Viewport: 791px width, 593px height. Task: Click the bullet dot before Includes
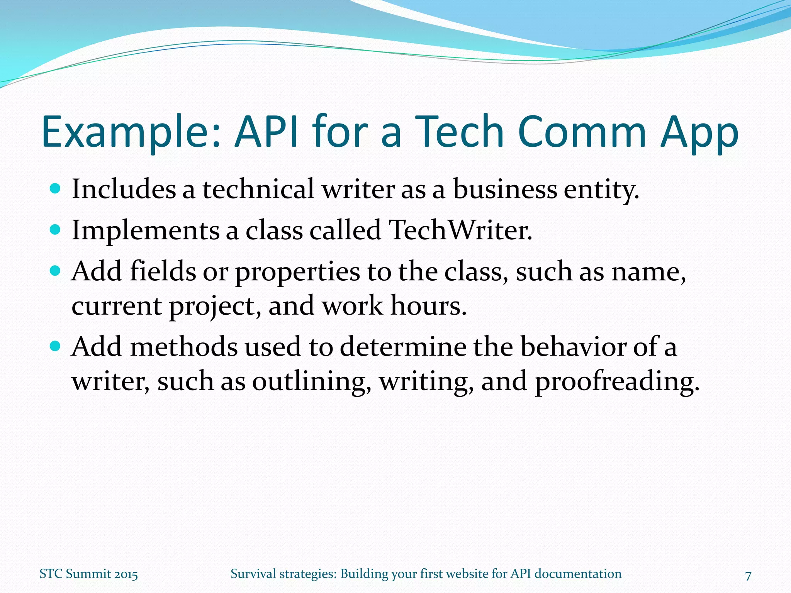click(56, 189)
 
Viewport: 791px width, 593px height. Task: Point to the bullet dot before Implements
click(56, 230)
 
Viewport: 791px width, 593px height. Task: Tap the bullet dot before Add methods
click(56, 346)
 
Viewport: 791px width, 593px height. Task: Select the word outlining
click(309, 381)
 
